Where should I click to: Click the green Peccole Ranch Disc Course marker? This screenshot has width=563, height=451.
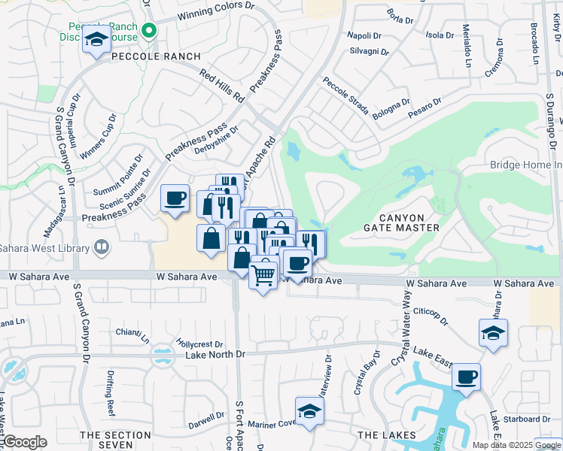coord(149,30)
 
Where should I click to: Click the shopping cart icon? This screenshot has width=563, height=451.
coord(263,276)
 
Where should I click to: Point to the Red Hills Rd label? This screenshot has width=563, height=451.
coord(223,86)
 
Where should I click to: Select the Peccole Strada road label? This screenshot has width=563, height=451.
coord(345,96)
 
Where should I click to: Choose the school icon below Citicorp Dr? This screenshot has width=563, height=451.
coord(493,332)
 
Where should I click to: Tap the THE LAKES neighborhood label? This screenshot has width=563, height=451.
coord(387,435)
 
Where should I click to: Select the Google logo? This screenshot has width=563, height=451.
coord(25,442)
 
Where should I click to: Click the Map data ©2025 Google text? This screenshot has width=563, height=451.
coord(516,445)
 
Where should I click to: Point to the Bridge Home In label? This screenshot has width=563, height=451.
coord(525,165)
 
